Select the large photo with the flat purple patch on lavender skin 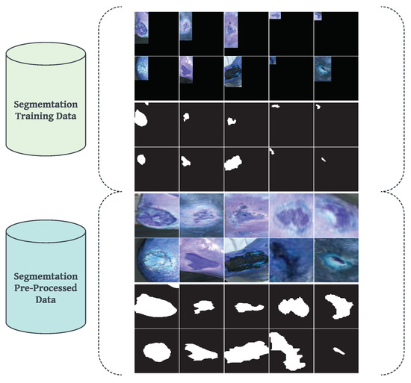tap(201, 258)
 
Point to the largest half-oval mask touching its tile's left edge tap(155, 304)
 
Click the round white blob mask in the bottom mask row tap(155, 350)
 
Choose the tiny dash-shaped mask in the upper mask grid tap(323, 159)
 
